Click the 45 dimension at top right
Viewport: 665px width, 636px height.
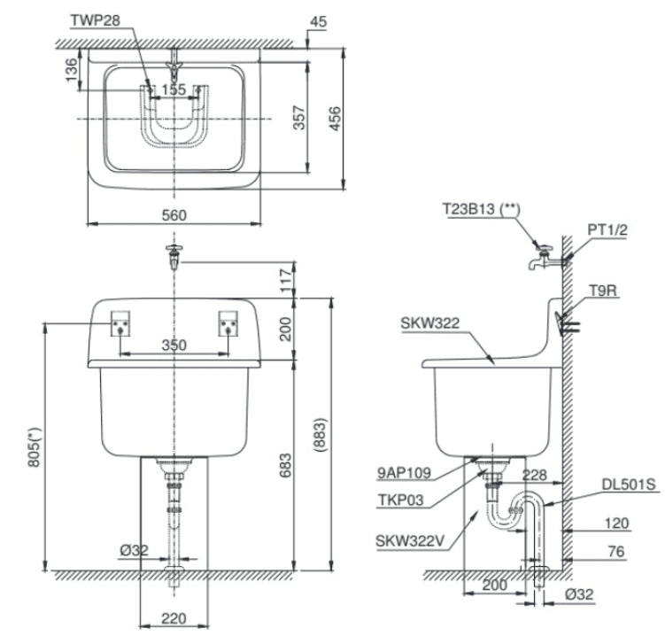318,19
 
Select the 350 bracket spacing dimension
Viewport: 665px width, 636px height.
174,345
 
